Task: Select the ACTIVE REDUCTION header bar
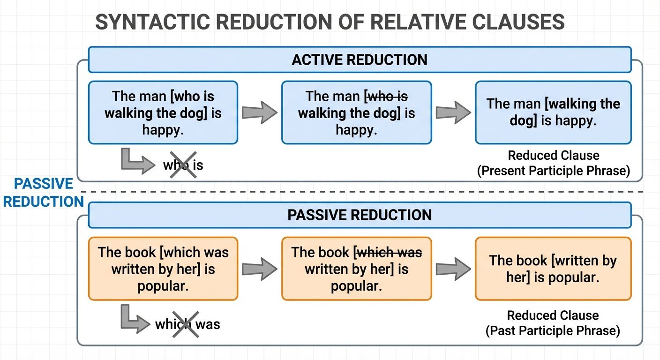pos(360,60)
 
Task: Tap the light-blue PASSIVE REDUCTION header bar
pos(360,215)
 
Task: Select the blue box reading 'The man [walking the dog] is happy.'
pos(553,112)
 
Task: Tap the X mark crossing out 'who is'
pos(182,165)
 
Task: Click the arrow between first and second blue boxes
pos(259,113)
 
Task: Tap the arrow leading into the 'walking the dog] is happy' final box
pos(453,113)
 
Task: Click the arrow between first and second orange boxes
pos(259,269)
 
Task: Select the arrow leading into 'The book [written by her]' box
pos(453,269)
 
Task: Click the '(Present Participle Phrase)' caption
pos(553,171)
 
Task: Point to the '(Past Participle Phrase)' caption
pos(553,331)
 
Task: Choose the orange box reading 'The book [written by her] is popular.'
pos(553,269)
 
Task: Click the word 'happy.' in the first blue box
pos(163,130)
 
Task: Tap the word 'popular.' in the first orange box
pos(163,286)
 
